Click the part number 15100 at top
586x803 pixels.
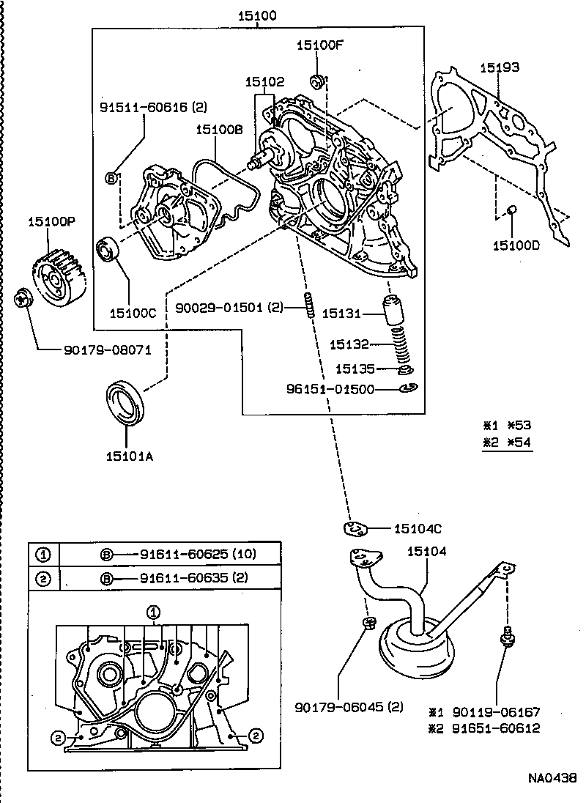pyautogui.click(x=257, y=15)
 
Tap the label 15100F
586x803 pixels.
pyautogui.click(x=319, y=45)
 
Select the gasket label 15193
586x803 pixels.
pyautogui.click(x=500, y=67)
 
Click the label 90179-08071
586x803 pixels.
pyautogui.click(x=108, y=350)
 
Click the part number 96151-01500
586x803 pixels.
pyautogui.click(x=330, y=389)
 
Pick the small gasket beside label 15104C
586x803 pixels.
pyautogui.click(x=355, y=528)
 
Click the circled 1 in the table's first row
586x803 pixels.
pyautogui.click(x=43, y=553)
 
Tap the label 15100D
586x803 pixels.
pyautogui.click(x=516, y=245)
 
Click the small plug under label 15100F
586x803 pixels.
pyautogui.click(x=318, y=79)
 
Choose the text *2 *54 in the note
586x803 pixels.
pyautogui.click(x=507, y=442)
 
